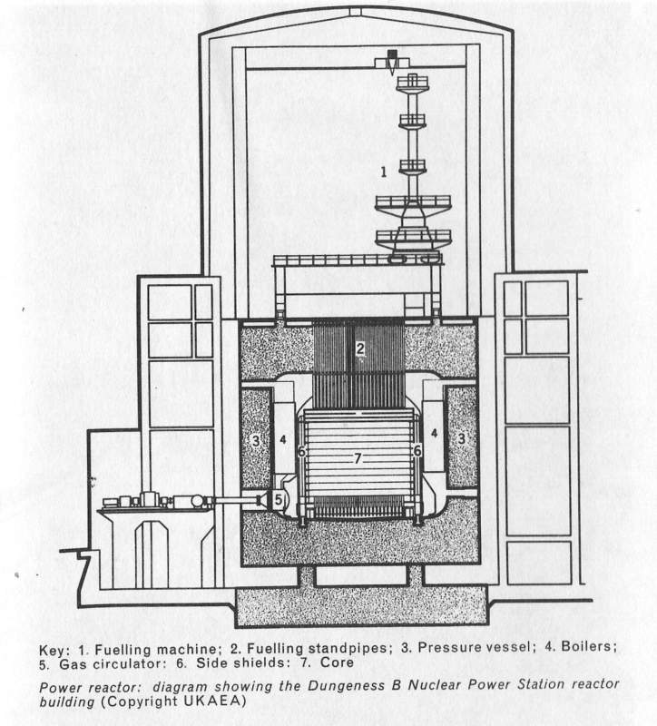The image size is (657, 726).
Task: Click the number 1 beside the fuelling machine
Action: click(383, 170)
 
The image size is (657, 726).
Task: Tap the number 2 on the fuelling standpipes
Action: click(359, 348)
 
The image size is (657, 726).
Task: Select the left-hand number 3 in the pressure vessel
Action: click(257, 440)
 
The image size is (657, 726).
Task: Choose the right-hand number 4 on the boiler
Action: click(436, 435)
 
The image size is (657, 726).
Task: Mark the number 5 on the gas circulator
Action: click(279, 498)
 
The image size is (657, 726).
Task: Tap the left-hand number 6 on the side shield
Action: click(301, 450)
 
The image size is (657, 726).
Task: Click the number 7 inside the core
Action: click(358, 459)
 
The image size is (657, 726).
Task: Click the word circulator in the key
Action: click(113, 664)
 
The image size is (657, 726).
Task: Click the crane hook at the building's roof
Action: click(388, 66)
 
